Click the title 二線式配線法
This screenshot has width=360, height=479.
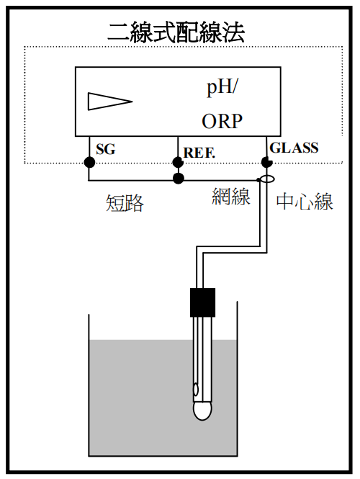click(176, 32)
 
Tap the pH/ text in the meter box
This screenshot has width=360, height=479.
click(222, 88)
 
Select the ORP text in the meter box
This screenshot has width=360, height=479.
click(222, 121)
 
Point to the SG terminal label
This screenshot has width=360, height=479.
click(106, 149)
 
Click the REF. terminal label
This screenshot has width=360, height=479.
click(199, 153)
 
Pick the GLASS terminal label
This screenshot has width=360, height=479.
click(294, 148)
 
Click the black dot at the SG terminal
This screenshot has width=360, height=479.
click(89, 162)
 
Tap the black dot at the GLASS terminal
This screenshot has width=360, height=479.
click(266, 162)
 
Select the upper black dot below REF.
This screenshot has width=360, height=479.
click(178, 162)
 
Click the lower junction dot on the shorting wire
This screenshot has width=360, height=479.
click(179, 179)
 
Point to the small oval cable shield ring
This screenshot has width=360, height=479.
click(266, 179)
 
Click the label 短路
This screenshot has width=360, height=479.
click(125, 203)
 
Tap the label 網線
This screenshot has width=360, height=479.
click(231, 197)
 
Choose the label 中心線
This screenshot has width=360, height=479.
click(305, 202)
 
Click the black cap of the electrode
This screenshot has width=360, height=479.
click(202, 303)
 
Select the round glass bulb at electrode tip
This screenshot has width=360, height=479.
click(202, 411)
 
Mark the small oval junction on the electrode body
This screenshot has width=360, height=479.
click(196, 390)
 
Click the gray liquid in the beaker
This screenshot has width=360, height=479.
click(163, 398)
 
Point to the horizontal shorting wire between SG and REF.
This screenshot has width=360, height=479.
click(133, 181)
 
